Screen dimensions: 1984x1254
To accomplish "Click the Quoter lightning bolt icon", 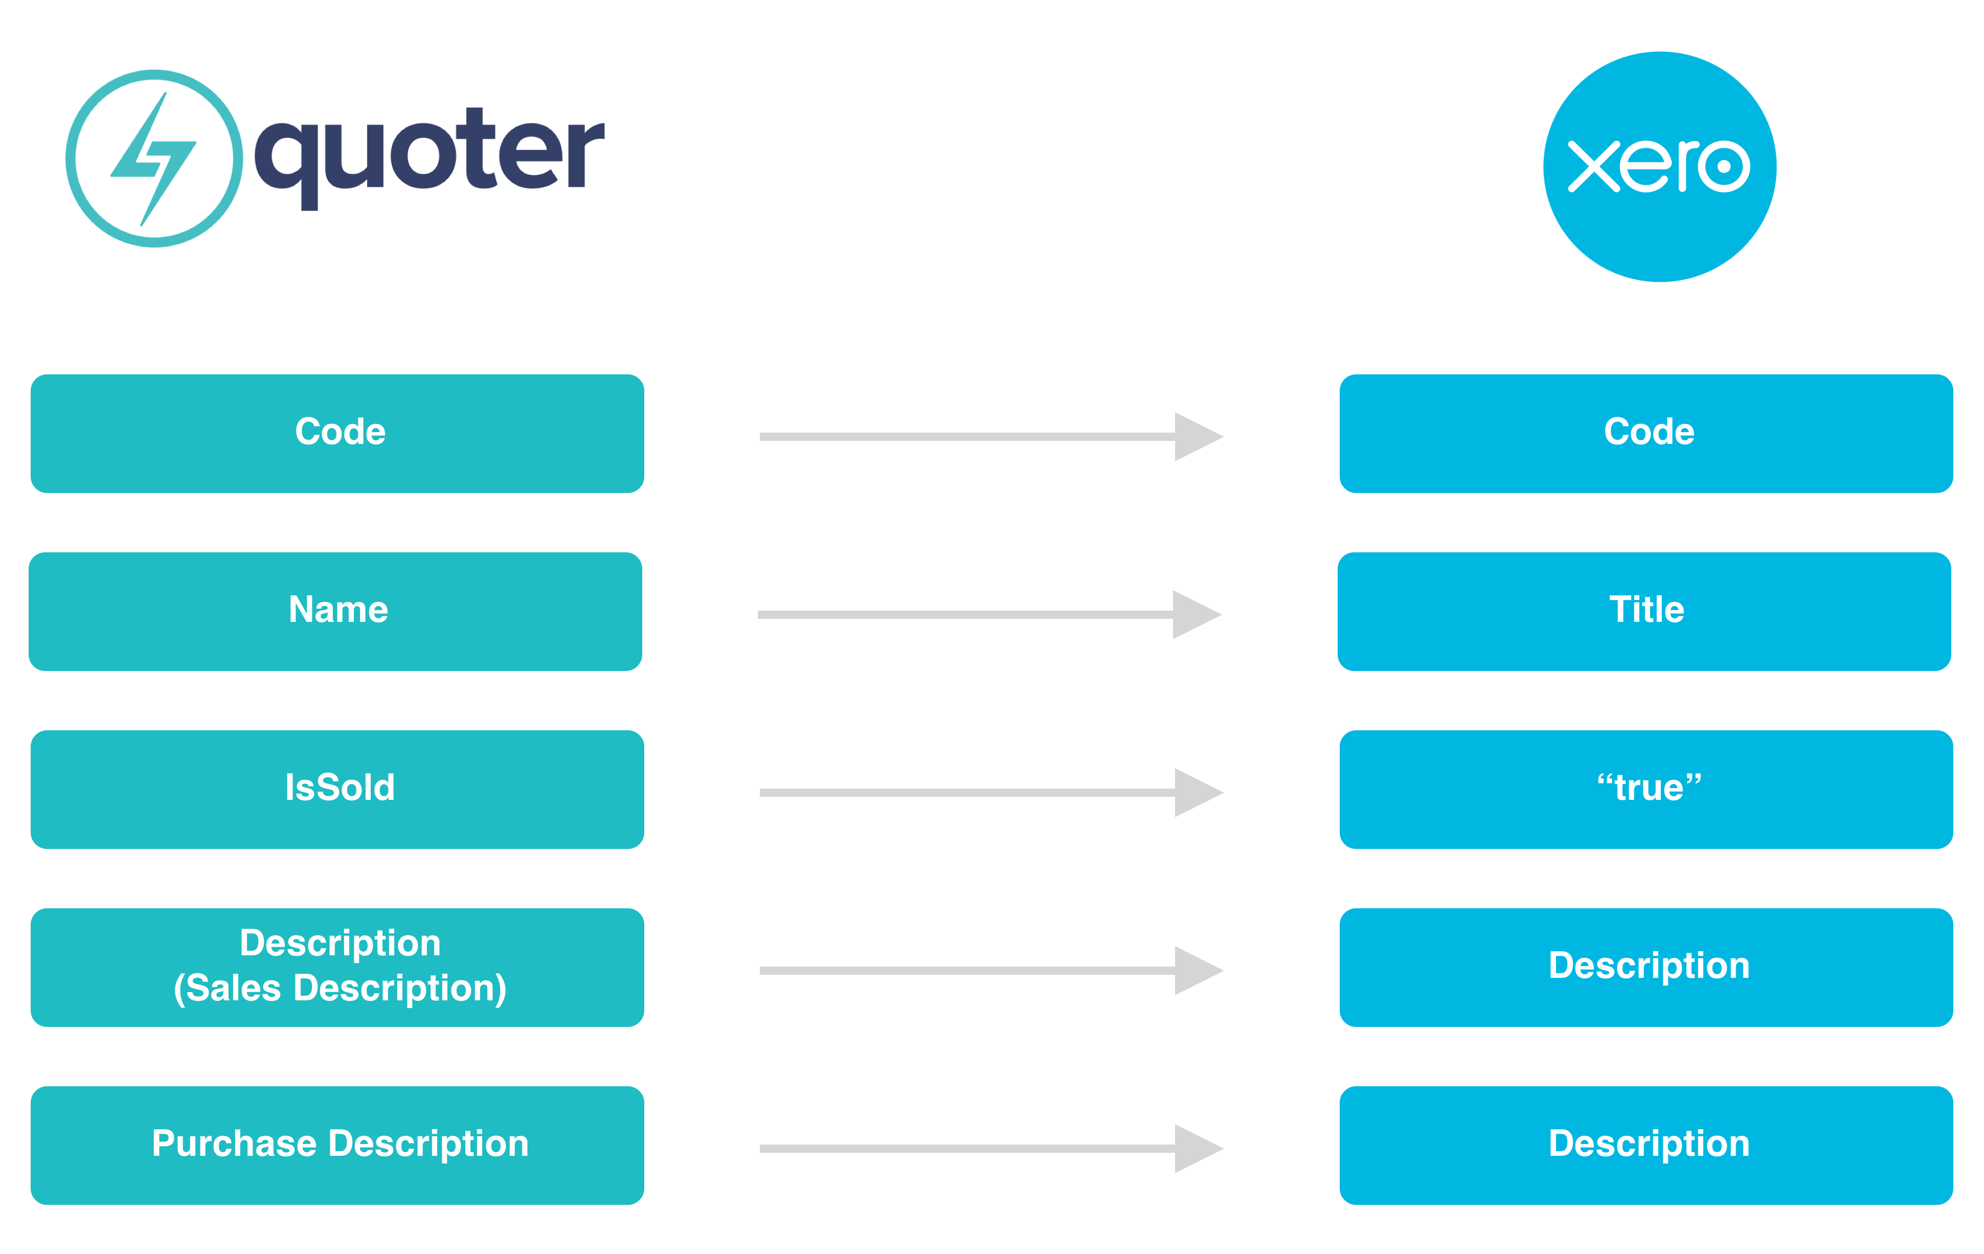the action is (154, 158).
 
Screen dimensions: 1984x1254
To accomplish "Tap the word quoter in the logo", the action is (429, 158).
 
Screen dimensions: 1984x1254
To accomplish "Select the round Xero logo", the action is (1659, 166).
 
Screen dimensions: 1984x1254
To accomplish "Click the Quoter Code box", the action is (337, 433).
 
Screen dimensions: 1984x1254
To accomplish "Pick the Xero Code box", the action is (1646, 433).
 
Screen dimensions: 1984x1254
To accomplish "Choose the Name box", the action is (335, 611).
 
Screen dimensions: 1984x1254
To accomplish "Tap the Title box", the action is (1644, 611).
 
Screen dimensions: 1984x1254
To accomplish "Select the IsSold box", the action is (337, 789).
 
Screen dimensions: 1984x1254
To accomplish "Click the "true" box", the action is (1646, 789).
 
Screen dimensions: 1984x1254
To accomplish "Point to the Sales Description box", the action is (337, 967).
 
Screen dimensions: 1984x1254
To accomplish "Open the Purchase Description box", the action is (337, 1145).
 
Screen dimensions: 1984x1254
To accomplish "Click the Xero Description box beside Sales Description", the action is (1646, 967).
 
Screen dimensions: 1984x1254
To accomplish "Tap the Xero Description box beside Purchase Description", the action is (1646, 1145).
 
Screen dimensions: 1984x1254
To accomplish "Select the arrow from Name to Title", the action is (989, 615).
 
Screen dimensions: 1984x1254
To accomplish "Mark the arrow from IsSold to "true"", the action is (991, 793).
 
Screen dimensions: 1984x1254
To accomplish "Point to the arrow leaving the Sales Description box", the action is (991, 971).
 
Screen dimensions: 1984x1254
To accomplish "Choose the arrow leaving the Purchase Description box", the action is (991, 1149).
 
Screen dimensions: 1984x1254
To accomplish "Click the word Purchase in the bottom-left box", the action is (234, 1144).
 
